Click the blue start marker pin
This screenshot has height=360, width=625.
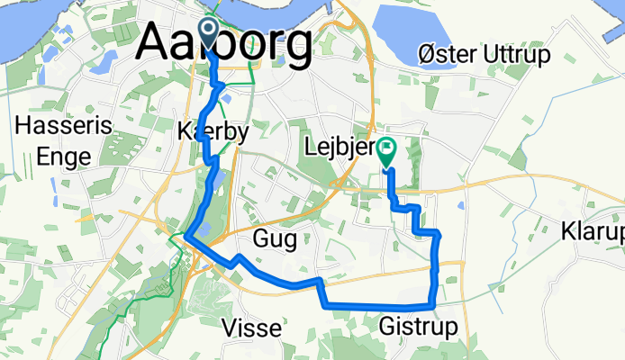pyautogui.click(x=206, y=32)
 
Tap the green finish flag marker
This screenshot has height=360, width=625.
pyautogui.click(x=387, y=150)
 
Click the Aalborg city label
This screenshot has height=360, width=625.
pyautogui.click(x=227, y=42)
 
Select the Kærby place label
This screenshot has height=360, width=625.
pyautogui.click(x=213, y=131)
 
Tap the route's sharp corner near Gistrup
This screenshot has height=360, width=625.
pyautogui.click(x=434, y=307)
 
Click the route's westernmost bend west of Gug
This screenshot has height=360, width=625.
pyautogui.click(x=186, y=236)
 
